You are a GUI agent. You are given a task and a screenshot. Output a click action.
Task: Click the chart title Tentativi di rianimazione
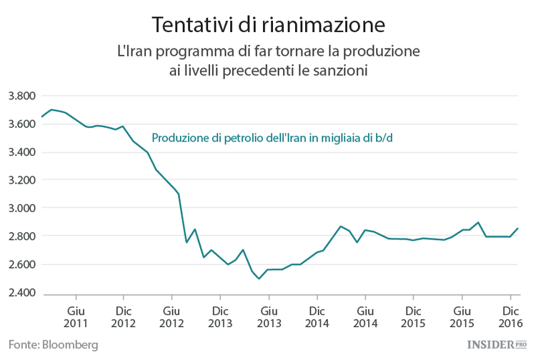[268, 24]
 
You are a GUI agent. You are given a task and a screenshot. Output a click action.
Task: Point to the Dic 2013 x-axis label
[219, 317]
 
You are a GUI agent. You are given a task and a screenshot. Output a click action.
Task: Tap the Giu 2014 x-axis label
[364, 317]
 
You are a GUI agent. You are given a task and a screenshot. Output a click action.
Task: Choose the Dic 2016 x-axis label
[510, 317]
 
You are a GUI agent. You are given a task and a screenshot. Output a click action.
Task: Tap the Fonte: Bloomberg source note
[54, 344]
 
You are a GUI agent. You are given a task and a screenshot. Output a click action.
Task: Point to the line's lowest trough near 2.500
[259, 279]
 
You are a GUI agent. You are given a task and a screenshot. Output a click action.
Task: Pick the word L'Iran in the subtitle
[135, 52]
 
